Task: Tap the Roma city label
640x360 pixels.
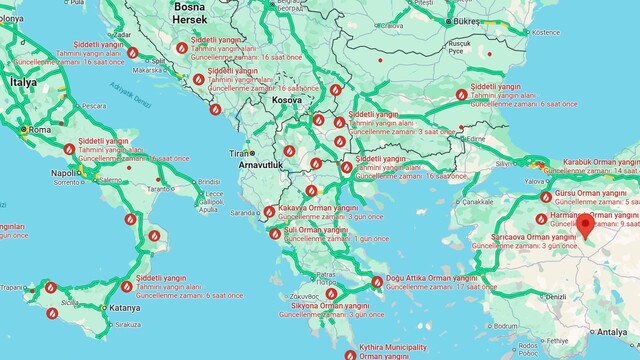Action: [x=40, y=129]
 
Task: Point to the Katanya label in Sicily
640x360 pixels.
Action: [x=125, y=307]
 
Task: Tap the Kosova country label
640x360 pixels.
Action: [x=287, y=101]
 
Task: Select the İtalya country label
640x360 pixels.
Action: [x=21, y=82]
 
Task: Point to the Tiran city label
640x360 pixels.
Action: [x=238, y=153]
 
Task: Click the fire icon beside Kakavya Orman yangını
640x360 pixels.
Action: [x=269, y=211]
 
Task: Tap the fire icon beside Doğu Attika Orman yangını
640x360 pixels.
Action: [x=377, y=281]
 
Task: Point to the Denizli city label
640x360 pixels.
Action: [x=554, y=298]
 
